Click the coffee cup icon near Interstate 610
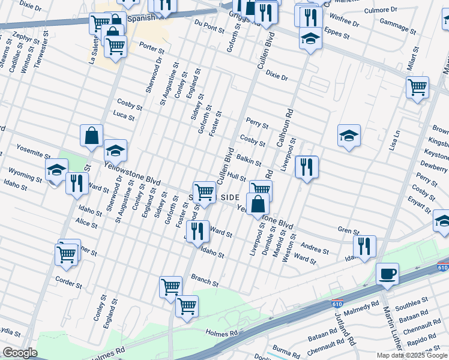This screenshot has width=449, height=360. (x=387, y=275)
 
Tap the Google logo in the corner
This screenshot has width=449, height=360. (x=20, y=353)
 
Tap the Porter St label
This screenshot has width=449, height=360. (x=151, y=47)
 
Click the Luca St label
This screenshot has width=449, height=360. (x=124, y=115)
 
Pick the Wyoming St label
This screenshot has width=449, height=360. (x=25, y=176)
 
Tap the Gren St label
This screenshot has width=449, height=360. (x=348, y=230)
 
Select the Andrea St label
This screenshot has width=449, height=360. (x=315, y=248)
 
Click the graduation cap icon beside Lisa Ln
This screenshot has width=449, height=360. (x=348, y=136)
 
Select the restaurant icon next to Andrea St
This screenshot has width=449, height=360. (x=364, y=246)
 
